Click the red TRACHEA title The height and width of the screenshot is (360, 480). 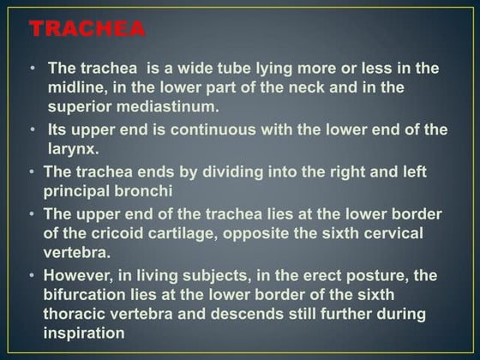pyautogui.click(x=87, y=30)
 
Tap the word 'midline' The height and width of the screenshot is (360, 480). pyautogui.click(x=76, y=88)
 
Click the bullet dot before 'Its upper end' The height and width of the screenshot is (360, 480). pyautogui.click(x=33, y=129)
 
